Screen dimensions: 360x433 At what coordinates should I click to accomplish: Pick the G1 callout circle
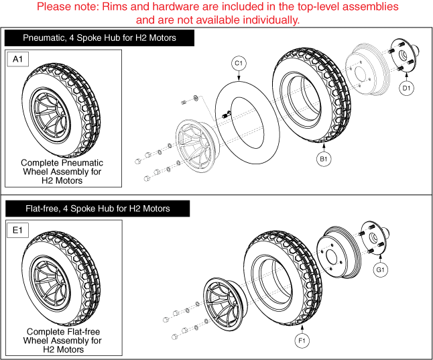(380, 269)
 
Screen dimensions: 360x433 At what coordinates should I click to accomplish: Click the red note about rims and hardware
(216, 13)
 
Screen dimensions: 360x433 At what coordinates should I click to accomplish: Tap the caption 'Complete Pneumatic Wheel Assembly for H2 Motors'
(62, 172)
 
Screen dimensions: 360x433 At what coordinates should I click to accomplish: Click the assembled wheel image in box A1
(62, 107)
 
